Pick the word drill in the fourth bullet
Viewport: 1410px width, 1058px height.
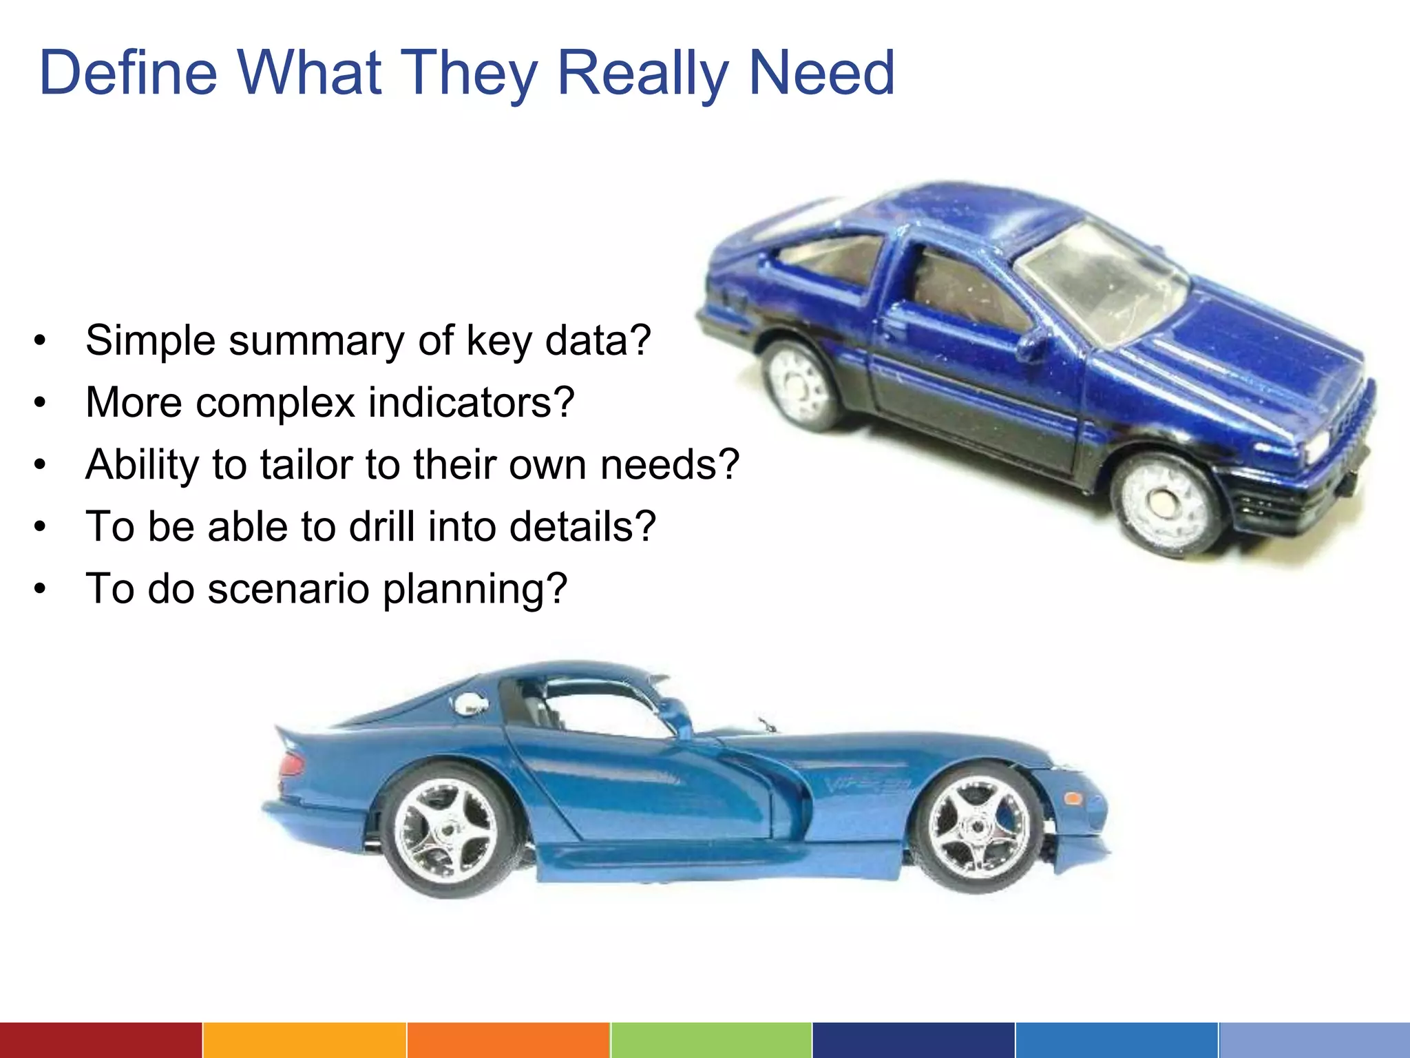pos(381,526)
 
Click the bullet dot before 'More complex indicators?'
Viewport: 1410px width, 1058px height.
pos(41,402)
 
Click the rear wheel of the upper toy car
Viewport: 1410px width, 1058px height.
pos(803,382)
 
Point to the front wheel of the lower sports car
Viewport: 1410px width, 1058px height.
pos(978,827)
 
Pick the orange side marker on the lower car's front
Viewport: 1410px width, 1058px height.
pos(1072,799)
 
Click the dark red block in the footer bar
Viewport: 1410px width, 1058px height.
pos(101,1040)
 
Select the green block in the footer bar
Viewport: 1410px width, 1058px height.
pos(711,1040)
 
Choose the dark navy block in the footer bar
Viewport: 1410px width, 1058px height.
pos(913,1040)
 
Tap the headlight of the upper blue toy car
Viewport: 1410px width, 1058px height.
pos(1316,444)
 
